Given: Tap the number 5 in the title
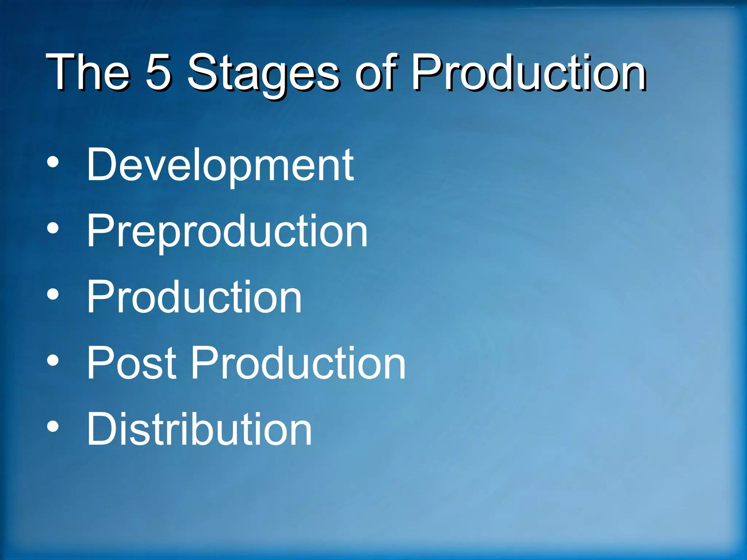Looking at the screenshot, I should point(158,72).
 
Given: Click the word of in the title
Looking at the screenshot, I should point(376,72).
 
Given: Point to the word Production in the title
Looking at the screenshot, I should point(529,72).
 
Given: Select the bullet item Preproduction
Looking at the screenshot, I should point(227,231).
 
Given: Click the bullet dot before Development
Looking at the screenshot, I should point(53,163).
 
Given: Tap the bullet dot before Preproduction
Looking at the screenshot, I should point(53,229).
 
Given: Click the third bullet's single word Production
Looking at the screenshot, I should point(194,297).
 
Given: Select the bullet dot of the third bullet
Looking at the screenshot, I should point(53,295).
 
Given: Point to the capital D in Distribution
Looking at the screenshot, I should point(102,428).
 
